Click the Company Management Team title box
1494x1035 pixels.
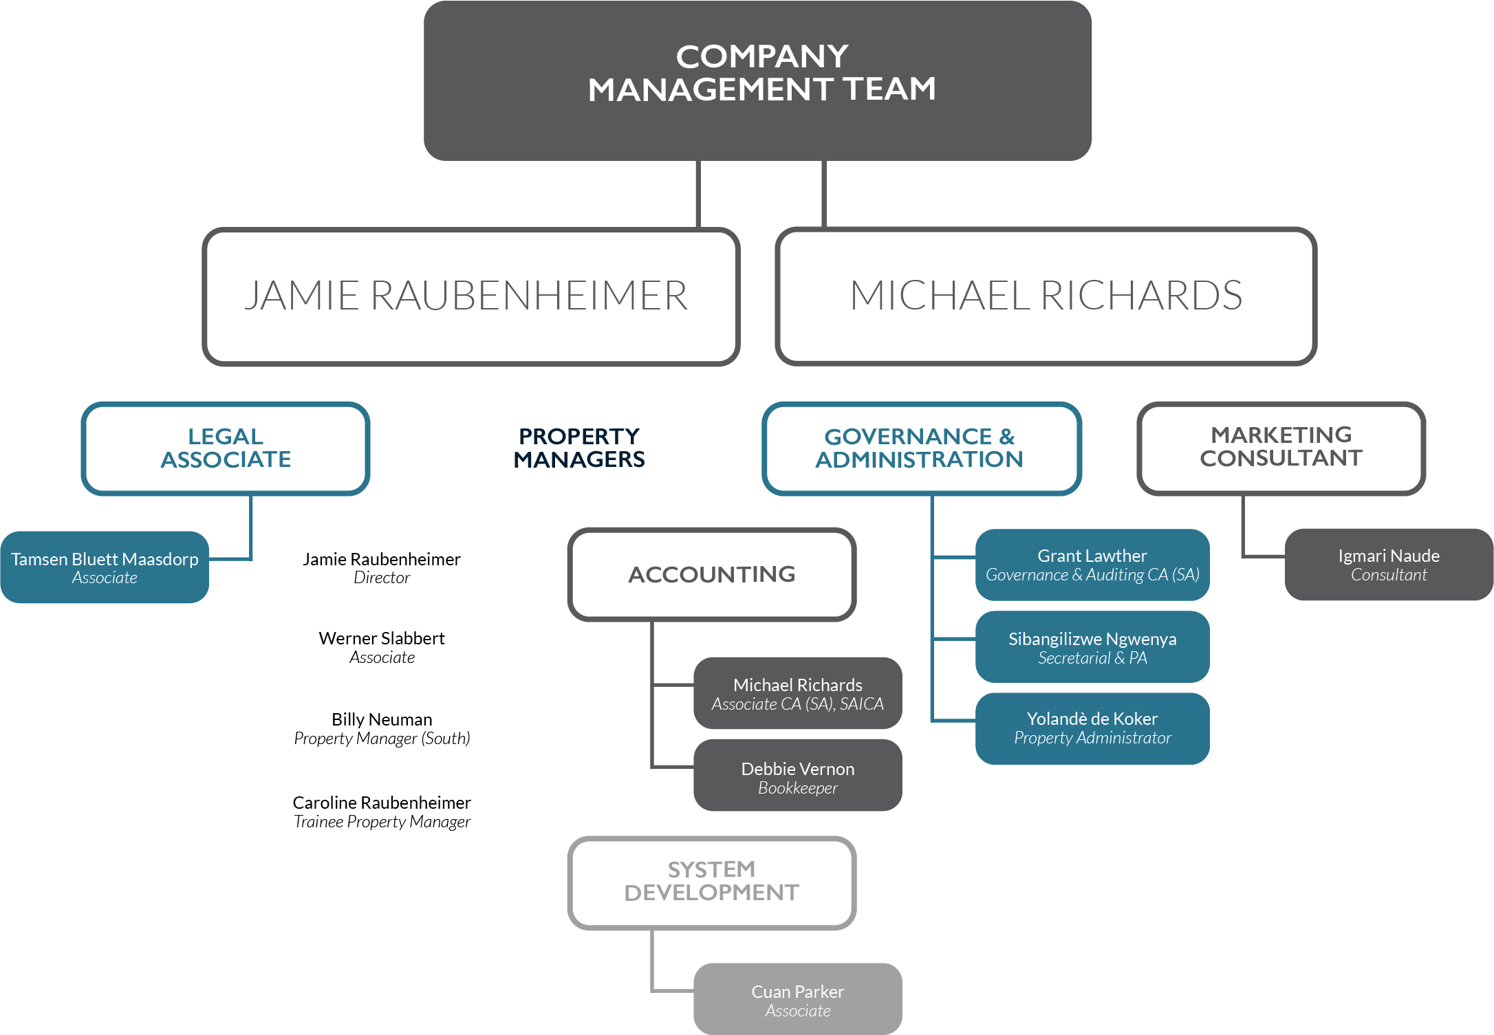point(757,80)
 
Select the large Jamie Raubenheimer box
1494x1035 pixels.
point(470,296)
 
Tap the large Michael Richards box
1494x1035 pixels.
point(1046,296)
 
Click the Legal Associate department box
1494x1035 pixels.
point(226,448)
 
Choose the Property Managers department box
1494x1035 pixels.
point(579,448)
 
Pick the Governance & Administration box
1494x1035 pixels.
point(921,448)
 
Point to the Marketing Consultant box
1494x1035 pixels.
point(1281,448)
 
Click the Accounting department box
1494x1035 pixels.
point(712,574)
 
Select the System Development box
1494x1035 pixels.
point(712,882)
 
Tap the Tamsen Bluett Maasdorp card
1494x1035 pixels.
point(105,567)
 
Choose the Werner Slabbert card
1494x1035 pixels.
point(382,646)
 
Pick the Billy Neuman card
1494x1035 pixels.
point(382,728)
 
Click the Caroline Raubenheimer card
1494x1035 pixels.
point(382,811)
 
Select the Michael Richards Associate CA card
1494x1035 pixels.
point(798,693)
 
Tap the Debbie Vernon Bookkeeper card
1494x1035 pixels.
point(798,775)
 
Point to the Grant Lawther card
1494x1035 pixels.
point(1092,565)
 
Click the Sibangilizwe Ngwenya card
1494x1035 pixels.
point(1092,647)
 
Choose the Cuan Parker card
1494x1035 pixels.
point(798,999)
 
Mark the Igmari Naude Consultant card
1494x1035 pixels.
point(1389,565)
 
